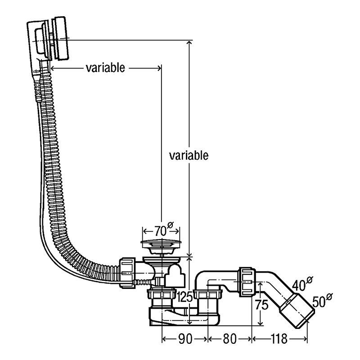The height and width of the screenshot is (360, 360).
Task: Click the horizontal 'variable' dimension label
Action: click(104, 68)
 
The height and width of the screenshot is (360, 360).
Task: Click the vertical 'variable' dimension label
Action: click(189, 156)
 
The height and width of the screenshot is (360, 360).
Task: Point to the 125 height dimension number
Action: click(184, 297)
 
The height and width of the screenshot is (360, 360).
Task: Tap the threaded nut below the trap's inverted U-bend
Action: click(209, 300)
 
